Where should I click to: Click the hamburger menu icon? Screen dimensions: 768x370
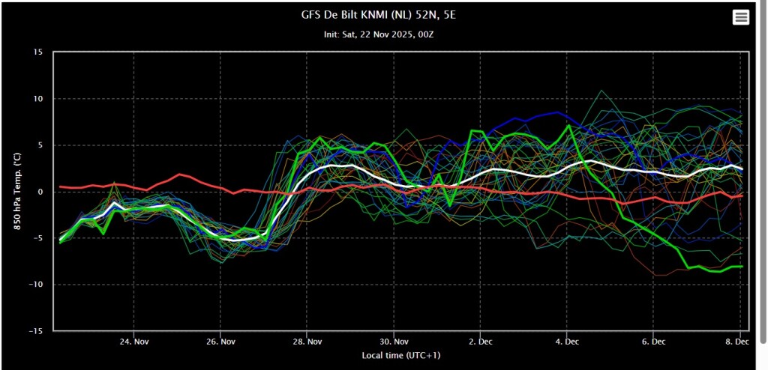click(x=740, y=17)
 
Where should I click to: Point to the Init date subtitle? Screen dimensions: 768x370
click(x=380, y=35)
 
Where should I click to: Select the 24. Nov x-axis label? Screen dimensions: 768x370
click(x=133, y=341)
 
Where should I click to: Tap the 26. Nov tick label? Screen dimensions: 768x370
click(x=220, y=341)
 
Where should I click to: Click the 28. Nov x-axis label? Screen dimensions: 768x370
click(x=307, y=341)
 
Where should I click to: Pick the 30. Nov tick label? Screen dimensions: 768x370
click(x=393, y=341)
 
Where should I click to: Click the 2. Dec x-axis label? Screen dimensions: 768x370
click(x=480, y=341)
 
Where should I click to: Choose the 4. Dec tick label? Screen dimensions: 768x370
click(x=566, y=341)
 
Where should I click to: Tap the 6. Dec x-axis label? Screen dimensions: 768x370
click(x=653, y=341)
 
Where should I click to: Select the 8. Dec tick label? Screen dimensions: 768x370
click(x=739, y=341)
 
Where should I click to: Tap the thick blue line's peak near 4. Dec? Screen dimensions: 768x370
click(x=558, y=112)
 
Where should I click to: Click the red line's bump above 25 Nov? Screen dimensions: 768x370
click(x=180, y=175)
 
